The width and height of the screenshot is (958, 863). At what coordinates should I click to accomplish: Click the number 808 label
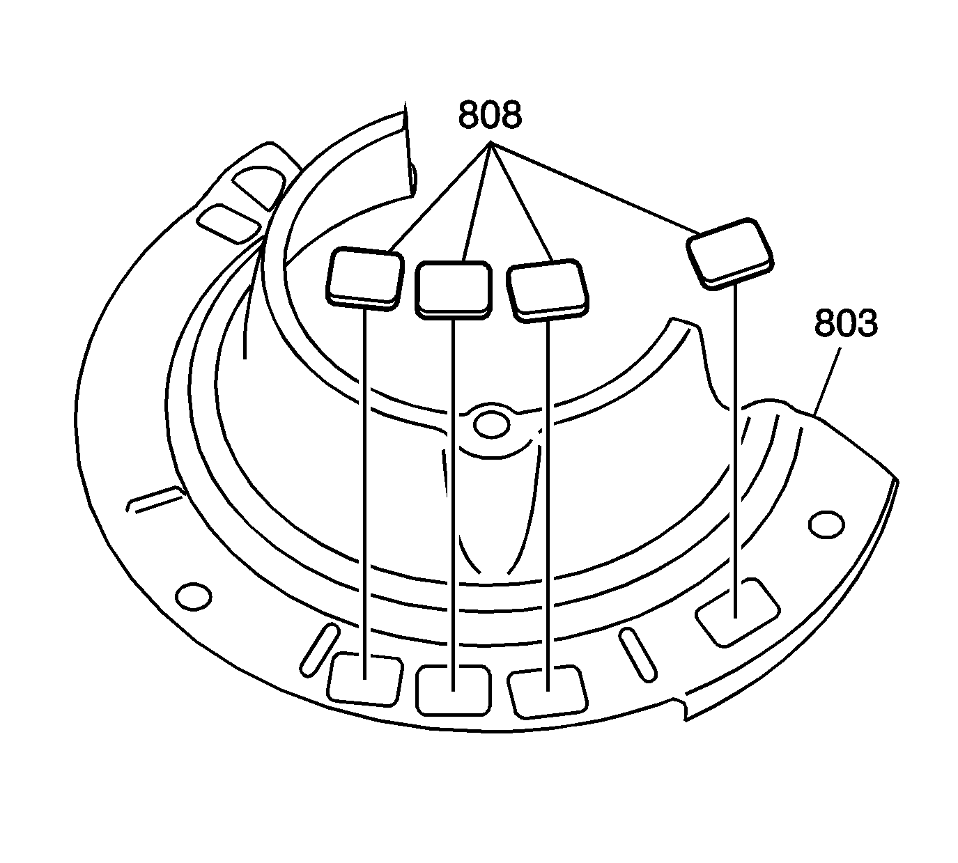pos(490,115)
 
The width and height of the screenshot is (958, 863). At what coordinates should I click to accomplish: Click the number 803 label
pos(846,323)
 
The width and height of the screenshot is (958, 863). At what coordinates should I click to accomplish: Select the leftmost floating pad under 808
pos(364,279)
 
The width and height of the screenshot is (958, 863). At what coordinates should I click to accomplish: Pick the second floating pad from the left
pos(453,290)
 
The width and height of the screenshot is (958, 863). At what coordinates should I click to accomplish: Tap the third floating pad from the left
pos(548,291)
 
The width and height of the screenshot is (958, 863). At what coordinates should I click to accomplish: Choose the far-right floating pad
pos(730,254)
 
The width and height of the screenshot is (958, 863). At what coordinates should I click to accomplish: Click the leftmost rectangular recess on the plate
pos(365,680)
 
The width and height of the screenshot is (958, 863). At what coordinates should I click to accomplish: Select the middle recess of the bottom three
pos(454,690)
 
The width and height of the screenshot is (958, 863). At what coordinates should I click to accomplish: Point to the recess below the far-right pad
pos(738,613)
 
